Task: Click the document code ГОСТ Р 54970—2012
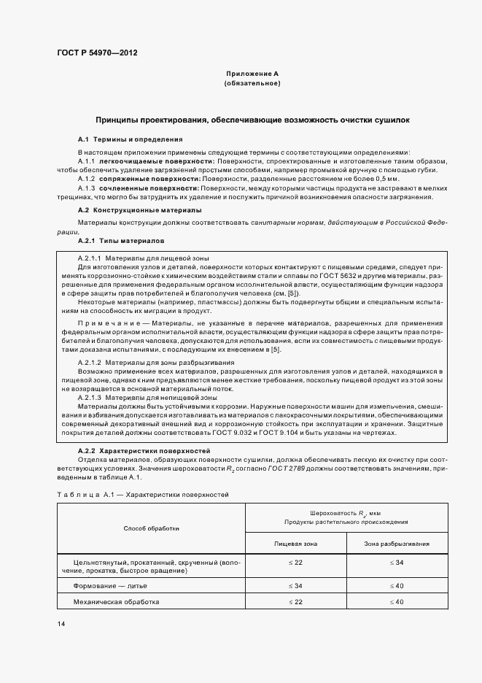(x=96, y=53)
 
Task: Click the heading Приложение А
(x=252, y=74)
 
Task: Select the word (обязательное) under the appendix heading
(x=252, y=84)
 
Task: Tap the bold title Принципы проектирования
(x=252, y=117)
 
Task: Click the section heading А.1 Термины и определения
(x=130, y=139)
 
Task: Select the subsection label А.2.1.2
(x=90, y=363)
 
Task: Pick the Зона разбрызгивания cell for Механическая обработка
(x=396, y=602)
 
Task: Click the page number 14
(x=61, y=625)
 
